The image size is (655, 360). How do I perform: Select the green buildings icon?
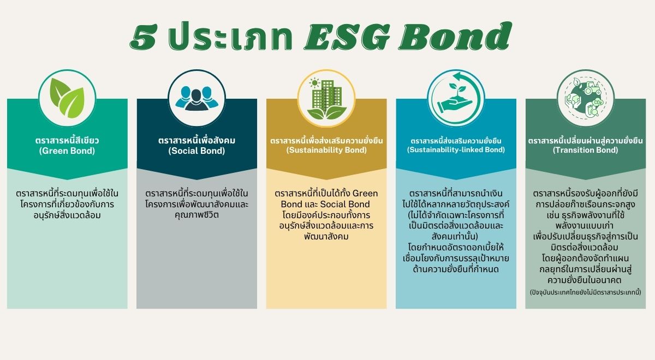click(x=326, y=98)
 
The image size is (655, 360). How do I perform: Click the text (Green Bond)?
click(x=67, y=151)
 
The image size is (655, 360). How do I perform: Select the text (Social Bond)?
click(x=196, y=151)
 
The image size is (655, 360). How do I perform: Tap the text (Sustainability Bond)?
click(x=326, y=150)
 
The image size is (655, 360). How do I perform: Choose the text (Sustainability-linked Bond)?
click(x=456, y=149)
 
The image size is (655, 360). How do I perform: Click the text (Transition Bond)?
click(x=585, y=150)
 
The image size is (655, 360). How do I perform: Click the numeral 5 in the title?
click(x=144, y=38)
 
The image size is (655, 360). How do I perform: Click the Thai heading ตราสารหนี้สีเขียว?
click(x=67, y=140)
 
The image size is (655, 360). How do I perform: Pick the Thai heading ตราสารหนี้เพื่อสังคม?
click(x=196, y=140)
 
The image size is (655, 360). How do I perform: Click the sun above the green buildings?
click(x=314, y=83)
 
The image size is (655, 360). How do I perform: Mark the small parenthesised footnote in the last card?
click(x=585, y=292)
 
